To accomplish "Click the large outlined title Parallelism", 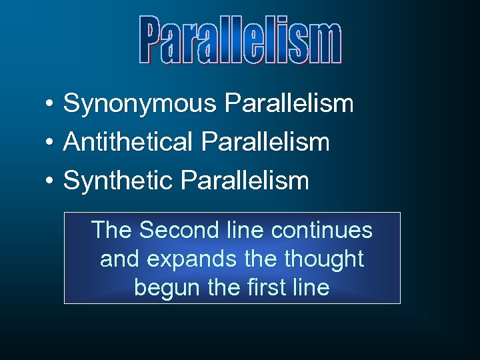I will point(241,40).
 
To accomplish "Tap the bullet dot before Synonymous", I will point(50,104).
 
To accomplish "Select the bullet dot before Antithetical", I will point(50,142).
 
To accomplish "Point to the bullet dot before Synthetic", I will point(50,181).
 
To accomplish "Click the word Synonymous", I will point(140,104).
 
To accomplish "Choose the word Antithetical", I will point(127,142).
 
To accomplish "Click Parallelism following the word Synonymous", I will point(289,104).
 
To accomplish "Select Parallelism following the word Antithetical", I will point(265,142).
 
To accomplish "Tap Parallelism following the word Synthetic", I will point(245,181).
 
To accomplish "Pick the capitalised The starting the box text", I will point(112,231).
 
